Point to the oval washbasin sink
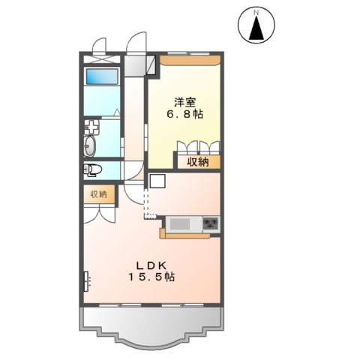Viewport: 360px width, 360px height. pos(91,144)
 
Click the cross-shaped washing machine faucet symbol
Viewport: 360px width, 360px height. pos(91,126)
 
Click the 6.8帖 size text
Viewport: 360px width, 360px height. pos(187,115)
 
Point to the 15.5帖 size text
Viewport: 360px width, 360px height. pos(155,277)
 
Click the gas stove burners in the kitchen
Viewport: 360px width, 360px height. pos(211,223)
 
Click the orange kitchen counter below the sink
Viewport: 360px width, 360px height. pos(187,235)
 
